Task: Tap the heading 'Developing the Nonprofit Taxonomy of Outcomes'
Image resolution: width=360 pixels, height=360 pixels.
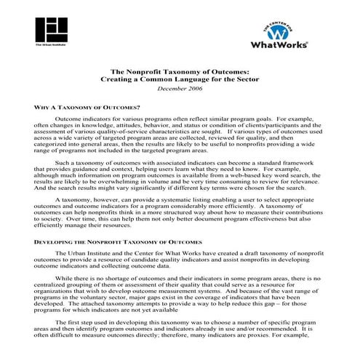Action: pyautogui.click(x=116, y=240)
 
